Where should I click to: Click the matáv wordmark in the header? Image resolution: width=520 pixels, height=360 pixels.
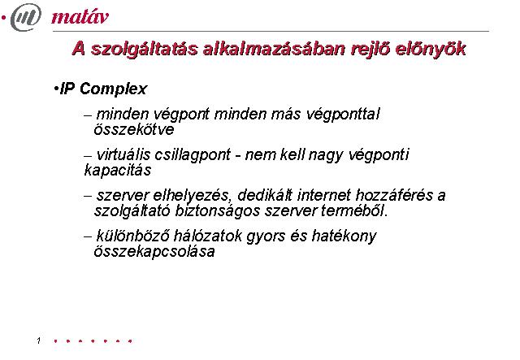pos(80,17)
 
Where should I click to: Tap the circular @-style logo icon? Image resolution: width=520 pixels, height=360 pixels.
pos(26,17)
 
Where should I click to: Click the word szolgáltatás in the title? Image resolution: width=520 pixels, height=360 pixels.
pos(145,49)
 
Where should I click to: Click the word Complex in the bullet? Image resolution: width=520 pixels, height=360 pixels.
pos(113,89)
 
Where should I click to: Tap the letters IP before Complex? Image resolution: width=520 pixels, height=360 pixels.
pos(67,89)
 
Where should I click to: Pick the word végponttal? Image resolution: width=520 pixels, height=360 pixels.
pos(343,115)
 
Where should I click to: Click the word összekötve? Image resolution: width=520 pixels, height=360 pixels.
pos(133,129)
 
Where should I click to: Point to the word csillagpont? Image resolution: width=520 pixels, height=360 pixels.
pos(193,155)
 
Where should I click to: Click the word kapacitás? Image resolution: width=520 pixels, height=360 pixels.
pos(118,171)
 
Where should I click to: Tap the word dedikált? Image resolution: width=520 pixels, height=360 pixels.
pos(265,195)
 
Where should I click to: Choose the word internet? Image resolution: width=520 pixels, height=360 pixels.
pos(324,195)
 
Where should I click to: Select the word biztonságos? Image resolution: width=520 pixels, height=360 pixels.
pos(217,211)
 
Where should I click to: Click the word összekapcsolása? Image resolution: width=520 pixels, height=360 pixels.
pos(154,251)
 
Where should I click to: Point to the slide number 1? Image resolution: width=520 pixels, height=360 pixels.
pos(39,340)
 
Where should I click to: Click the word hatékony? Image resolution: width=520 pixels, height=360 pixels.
pos(344,236)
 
